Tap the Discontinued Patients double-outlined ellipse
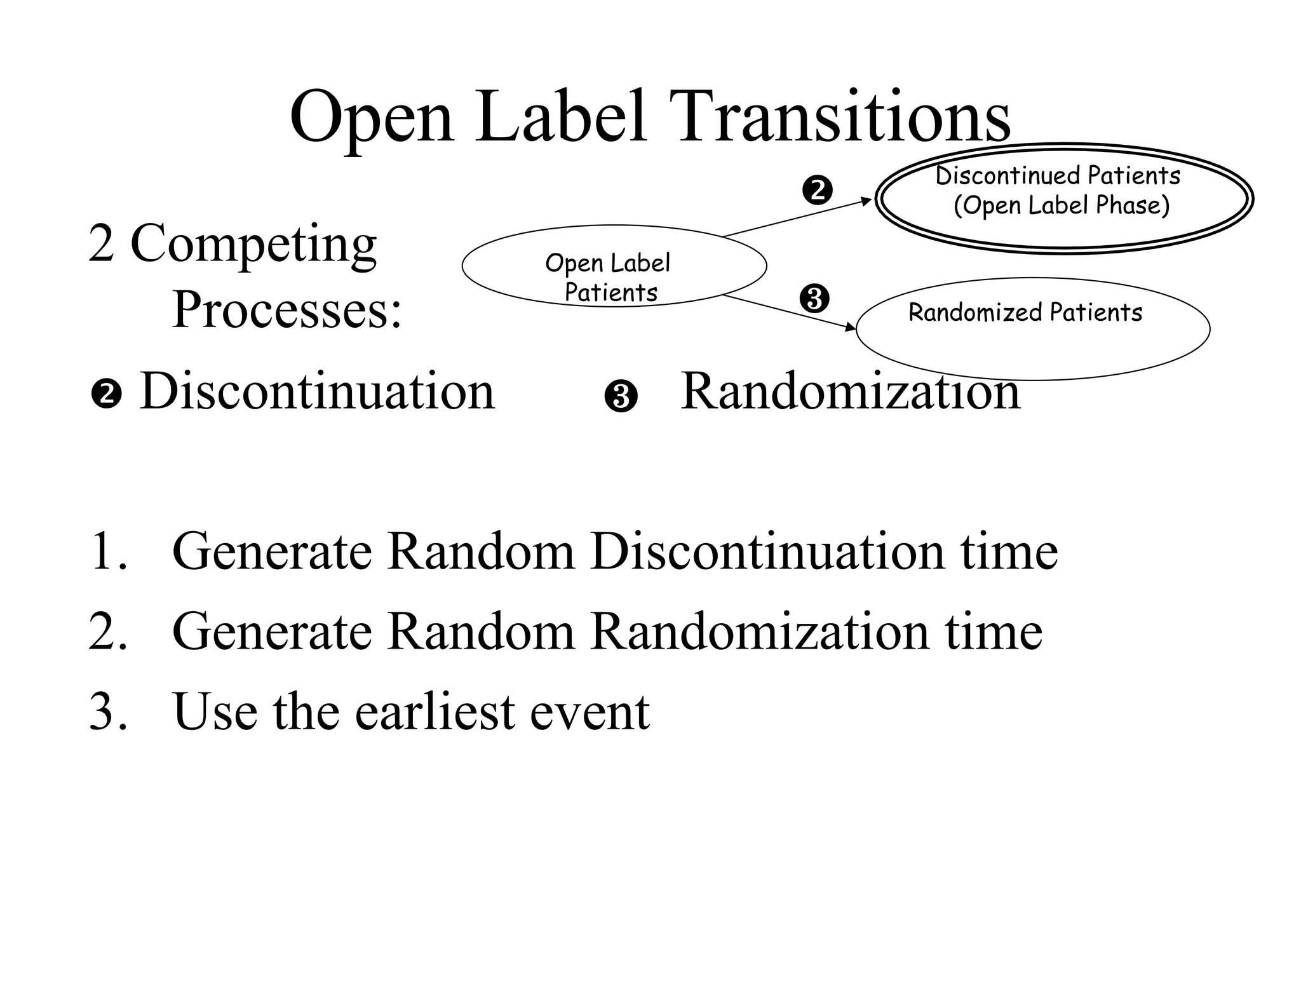coord(1064,229)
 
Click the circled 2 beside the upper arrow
coord(817,190)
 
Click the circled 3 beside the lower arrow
coord(814,299)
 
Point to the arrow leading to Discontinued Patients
coord(798,217)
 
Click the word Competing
coord(253,244)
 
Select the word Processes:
coord(287,310)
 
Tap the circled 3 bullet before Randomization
coord(621,397)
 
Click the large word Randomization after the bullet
coord(850,391)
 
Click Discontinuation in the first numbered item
coord(767,551)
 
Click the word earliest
coord(435,712)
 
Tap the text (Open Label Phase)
coord(1062,205)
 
